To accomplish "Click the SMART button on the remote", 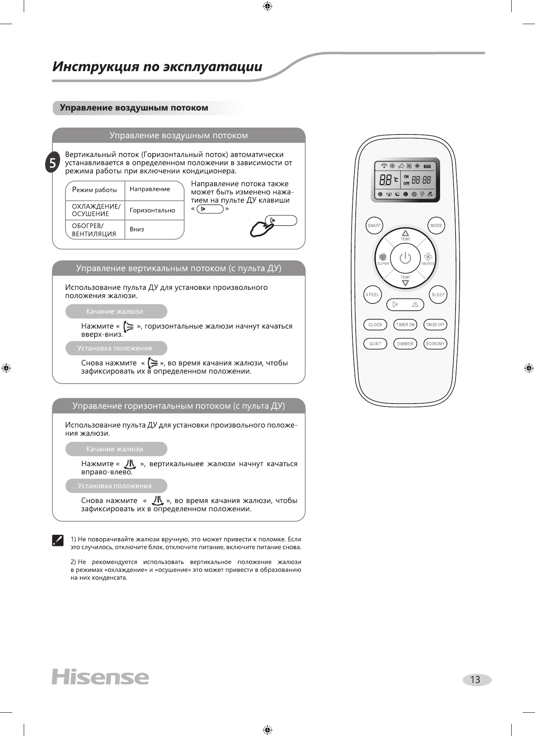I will pos(374,226).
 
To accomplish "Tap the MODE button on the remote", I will pos(436,226).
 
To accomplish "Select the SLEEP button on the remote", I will pos(438,294).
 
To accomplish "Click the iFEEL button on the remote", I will pos(373,294).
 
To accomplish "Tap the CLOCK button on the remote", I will pos(375,325).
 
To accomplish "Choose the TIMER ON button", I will pos(405,325).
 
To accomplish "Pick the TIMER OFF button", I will pos(435,325).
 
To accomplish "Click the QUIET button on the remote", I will pos(375,344).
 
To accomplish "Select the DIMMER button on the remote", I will pos(405,344).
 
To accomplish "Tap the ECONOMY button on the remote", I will pos(435,344).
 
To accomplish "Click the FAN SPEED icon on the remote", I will pos(428,257).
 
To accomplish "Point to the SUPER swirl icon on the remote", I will pos(383,257).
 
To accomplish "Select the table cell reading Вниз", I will pos(154,229).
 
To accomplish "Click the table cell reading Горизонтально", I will pos(154,210).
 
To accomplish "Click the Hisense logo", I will pos(100,678).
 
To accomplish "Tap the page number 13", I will pos(476,680).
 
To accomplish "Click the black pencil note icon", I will pos(58,541).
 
